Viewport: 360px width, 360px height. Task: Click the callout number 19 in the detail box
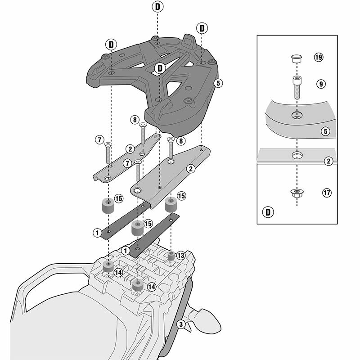click(319, 57)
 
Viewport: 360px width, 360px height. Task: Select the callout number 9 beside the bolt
click(321, 84)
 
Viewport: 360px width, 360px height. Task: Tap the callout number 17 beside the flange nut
click(327, 193)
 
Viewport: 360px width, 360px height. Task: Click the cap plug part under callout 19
click(297, 58)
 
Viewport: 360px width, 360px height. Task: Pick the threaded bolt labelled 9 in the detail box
click(297, 87)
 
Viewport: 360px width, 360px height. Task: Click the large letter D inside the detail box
click(268, 212)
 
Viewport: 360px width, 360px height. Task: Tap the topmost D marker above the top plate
click(157, 7)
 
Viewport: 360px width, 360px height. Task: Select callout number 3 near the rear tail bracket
click(181, 324)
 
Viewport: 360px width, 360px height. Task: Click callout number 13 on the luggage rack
click(181, 255)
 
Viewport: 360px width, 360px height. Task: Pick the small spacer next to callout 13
click(171, 256)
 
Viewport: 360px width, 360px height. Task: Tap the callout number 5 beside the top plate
click(218, 83)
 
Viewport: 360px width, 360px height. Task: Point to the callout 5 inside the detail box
click(325, 131)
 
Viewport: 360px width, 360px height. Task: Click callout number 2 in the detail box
click(328, 161)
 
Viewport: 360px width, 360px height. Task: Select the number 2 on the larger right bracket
click(190, 169)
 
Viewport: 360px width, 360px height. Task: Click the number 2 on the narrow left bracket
click(130, 149)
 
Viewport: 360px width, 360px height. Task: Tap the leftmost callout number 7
click(99, 140)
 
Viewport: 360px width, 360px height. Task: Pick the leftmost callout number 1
click(97, 233)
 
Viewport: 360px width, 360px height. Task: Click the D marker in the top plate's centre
click(160, 68)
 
